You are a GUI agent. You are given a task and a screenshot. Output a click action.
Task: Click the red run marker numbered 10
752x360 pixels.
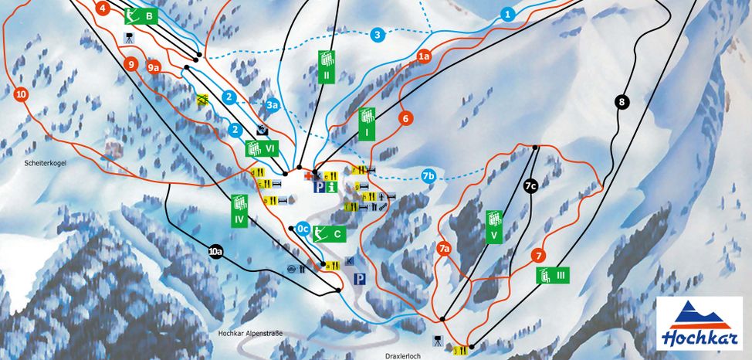(x=21, y=94)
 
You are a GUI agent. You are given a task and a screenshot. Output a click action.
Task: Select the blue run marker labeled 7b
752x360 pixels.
(x=430, y=176)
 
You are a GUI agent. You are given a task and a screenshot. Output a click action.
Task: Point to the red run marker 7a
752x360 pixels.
(x=443, y=249)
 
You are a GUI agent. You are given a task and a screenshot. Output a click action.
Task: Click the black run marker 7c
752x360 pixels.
(x=530, y=186)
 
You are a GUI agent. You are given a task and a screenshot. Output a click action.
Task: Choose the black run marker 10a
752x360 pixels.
(x=216, y=250)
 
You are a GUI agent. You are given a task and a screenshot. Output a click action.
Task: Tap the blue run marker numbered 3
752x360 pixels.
(x=377, y=35)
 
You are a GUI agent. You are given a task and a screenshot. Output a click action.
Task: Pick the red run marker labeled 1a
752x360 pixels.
(x=423, y=56)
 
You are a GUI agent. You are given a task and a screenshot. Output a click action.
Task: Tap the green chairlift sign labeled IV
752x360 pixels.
(x=239, y=209)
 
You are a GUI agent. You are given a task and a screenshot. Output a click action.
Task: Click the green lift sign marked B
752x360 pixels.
(x=142, y=15)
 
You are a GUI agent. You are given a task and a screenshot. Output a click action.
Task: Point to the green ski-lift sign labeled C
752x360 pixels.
(x=330, y=233)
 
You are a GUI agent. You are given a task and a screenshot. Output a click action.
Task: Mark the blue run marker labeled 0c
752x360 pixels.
(x=303, y=229)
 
